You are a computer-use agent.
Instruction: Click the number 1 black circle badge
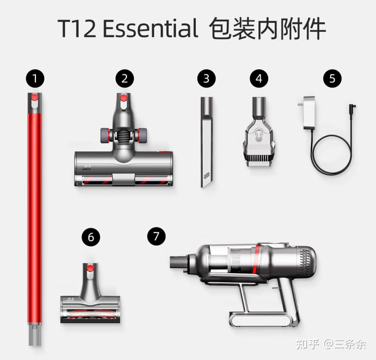[35, 78]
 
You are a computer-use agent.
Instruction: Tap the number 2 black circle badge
[125, 78]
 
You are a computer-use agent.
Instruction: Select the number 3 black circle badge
[206, 78]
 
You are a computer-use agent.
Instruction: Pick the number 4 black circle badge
[259, 78]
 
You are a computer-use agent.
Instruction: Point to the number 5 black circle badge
[332, 78]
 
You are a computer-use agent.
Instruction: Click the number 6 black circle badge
[91, 237]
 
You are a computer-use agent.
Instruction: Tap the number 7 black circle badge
[156, 236]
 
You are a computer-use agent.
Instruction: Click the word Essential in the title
[151, 29]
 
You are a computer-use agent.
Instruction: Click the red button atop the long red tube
[35, 97]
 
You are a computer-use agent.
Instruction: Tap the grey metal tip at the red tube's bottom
[35, 334]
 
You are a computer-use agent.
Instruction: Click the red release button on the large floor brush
[124, 98]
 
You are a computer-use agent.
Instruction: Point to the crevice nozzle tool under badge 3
[207, 142]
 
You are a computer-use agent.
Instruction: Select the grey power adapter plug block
[309, 113]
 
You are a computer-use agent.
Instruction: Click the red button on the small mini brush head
[90, 268]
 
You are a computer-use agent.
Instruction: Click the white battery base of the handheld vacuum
[260, 320]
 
